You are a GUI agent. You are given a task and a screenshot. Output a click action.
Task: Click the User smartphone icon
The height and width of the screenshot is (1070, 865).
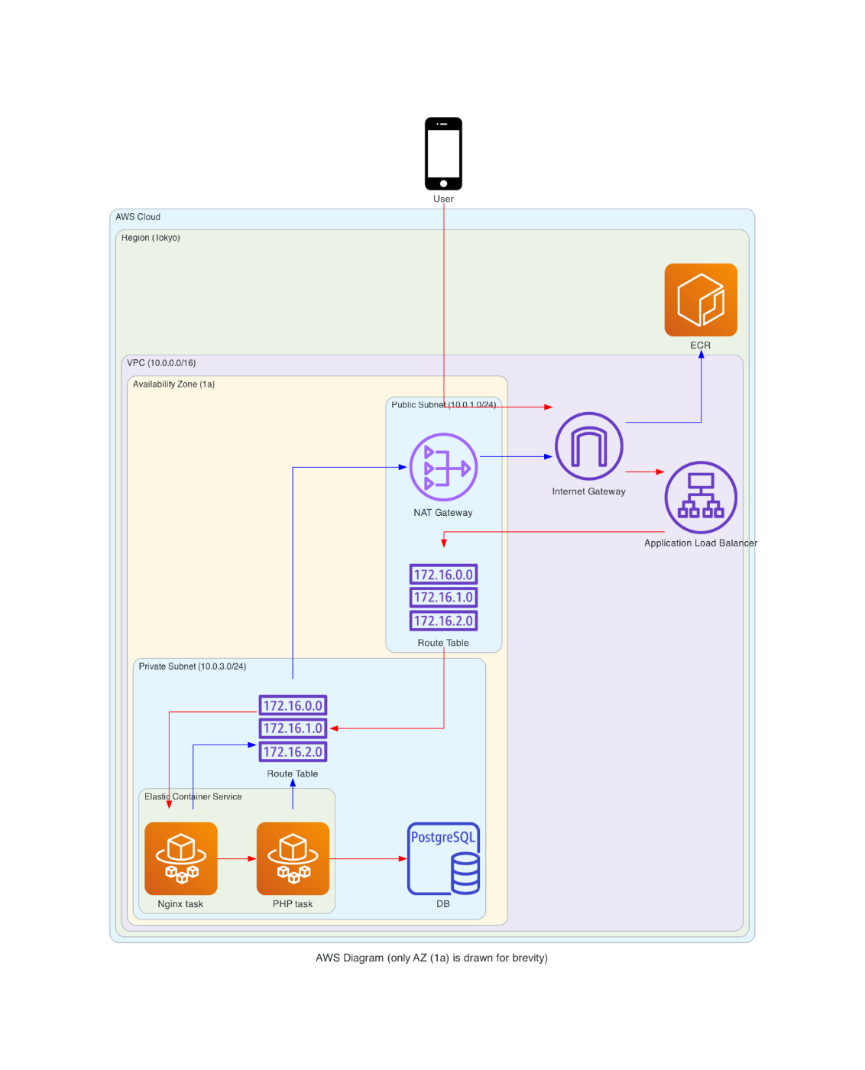(x=443, y=154)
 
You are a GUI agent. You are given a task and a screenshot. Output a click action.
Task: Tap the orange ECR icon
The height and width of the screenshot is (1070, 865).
(x=701, y=300)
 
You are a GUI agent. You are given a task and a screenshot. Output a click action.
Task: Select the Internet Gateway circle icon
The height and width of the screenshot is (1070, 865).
(x=588, y=446)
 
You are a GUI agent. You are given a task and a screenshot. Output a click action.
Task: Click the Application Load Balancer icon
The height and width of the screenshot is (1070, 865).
(x=701, y=498)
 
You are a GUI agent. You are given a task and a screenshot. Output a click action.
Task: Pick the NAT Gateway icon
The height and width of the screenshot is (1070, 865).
(x=443, y=467)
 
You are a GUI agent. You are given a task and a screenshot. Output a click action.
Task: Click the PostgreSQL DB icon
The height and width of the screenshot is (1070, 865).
(x=443, y=858)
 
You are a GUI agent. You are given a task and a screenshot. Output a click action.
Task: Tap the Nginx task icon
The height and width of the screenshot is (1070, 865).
(x=181, y=858)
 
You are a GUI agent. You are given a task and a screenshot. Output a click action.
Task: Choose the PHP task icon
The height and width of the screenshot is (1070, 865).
(x=293, y=858)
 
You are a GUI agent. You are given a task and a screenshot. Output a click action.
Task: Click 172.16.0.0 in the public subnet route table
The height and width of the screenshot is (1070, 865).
(x=443, y=575)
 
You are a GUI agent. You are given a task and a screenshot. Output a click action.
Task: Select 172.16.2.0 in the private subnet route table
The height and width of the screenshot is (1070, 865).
(x=293, y=752)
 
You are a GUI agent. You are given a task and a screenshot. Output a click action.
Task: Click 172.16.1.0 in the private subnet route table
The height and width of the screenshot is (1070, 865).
(x=293, y=728)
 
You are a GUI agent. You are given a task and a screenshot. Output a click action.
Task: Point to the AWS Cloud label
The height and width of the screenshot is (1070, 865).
(x=138, y=217)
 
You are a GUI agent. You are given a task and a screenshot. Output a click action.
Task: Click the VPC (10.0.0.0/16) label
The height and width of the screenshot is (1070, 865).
(x=161, y=363)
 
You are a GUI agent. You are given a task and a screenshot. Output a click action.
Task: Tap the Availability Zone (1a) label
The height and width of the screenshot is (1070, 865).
(x=173, y=384)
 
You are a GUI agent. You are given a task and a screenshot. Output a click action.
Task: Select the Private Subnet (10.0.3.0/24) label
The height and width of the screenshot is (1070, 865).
(x=193, y=666)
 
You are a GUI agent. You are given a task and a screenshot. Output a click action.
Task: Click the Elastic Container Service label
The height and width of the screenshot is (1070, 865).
(x=193, y=796)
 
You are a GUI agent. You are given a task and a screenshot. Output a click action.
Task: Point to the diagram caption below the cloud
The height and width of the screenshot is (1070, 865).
(x=432, y=958)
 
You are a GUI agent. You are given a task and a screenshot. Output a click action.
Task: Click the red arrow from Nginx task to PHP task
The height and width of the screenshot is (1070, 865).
(x=237, y=858)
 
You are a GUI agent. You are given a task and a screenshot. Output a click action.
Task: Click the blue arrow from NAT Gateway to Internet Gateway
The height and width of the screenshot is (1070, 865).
(x=516, y=456)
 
